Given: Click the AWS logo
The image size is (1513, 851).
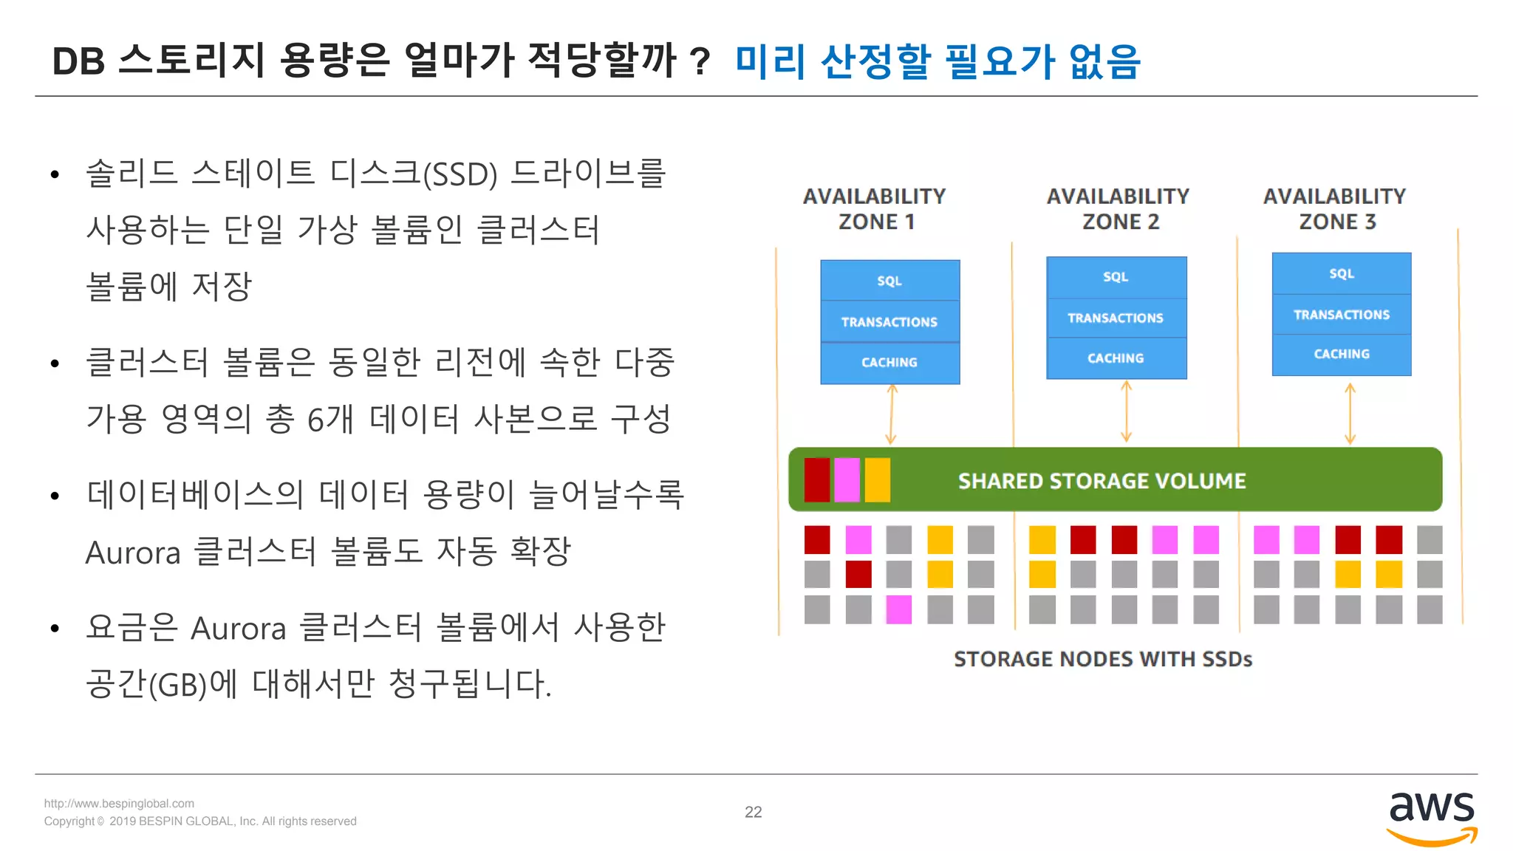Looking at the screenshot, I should click(x=1431, y=817).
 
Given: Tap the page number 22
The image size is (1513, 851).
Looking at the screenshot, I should click(x=753, y=812).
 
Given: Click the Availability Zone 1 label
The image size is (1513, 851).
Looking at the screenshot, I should click(x=875, y=209).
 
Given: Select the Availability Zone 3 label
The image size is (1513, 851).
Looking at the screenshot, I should click(x=1334, y=209).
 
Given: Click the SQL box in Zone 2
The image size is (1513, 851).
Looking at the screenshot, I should click(x=1116, y=277).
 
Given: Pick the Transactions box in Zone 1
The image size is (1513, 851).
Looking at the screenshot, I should click(x=889, y=322).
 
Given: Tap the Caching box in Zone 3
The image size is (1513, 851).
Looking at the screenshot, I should click(x=1341, y=355).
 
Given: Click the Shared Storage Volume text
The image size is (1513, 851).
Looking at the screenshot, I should click(x=1102, y=481).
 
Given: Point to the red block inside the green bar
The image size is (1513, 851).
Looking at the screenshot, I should click(x=817, y=480).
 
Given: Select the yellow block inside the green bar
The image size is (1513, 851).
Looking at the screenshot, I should click(x=877, y=480).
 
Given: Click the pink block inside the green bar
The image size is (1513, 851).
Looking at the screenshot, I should click(x=847, y=480).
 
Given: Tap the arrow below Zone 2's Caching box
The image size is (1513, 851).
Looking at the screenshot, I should click(x=1126, y=412).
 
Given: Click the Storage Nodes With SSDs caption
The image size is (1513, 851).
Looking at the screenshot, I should click(x=1102, y=659).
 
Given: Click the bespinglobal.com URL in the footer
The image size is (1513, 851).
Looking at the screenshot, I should click(x=119, y=804).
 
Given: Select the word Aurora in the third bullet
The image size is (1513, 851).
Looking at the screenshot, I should click(x=133, y=553).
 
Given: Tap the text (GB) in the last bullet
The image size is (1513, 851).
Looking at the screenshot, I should click(x=177, y=685).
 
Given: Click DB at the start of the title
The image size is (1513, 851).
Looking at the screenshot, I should click(x=78, y=61).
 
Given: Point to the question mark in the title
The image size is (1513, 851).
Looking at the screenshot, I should click(x=700, y=61).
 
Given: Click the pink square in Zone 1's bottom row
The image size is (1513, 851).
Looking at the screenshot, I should click(x=898, y=609).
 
